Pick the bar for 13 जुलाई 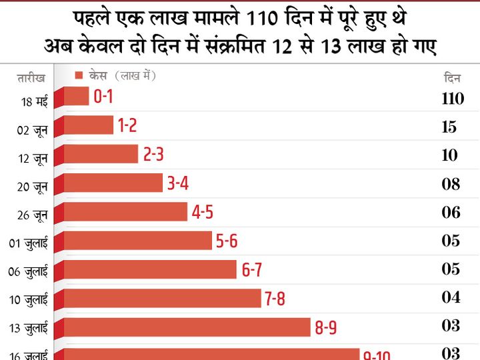[187, 327]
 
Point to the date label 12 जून [32, 159]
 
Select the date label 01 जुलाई [28, 244]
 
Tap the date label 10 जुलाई [28, 301]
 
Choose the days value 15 [450, 127]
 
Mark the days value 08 [451, 184]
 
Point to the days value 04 [451, 297]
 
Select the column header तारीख [31, 78]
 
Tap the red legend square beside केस [79, 76]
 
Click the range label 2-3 [153, 155]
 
